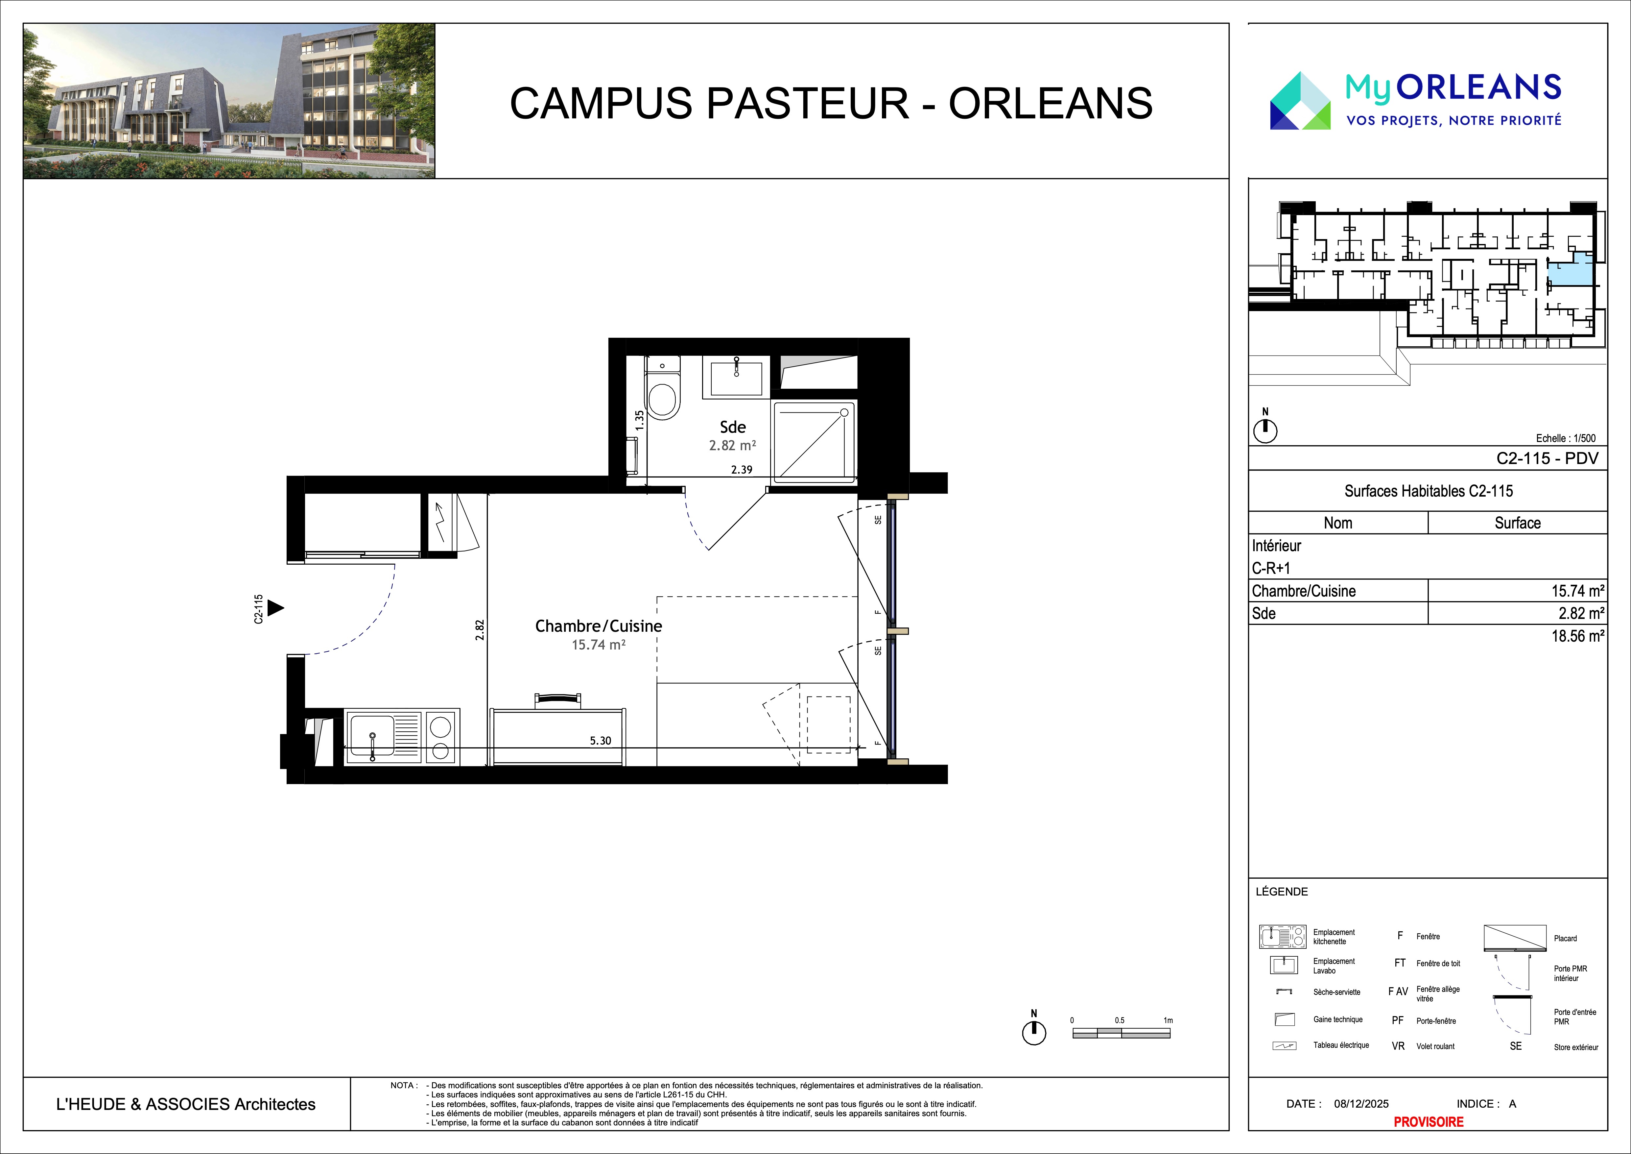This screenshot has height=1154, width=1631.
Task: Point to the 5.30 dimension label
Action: click(x=600, y=740)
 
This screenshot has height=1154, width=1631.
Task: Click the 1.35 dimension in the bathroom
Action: click(x=639, y=421)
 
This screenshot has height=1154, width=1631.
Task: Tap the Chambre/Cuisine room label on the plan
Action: click(x=598, y=626)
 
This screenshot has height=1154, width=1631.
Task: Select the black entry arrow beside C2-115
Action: click(x=276, y=608)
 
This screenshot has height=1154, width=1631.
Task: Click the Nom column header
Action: click(x=1337, y=523)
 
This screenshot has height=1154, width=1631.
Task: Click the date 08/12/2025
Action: click(x=1361, y=1104)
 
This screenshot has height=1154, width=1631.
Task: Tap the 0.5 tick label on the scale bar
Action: click(x=1120, y=1020)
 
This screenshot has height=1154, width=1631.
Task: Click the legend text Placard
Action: click(x=1565, y=938)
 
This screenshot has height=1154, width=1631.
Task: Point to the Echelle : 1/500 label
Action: click(x=1566, y=438)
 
